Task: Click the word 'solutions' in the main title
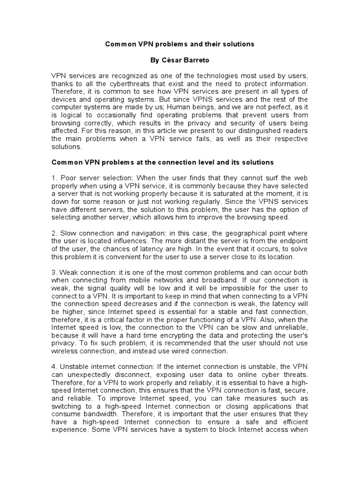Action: click(x=239, y=44)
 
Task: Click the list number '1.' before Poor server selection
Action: click(x=54, y=178)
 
